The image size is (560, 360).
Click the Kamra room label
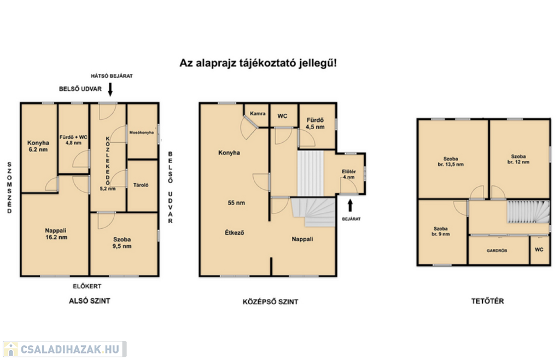pos(258,114)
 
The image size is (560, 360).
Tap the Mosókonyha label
pos(142,132)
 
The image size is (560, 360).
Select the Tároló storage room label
pos(141,185)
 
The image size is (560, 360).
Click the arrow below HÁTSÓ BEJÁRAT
pos(110,89)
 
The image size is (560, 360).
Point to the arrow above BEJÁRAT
pos(350,205)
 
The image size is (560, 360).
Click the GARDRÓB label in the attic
pos(497,251)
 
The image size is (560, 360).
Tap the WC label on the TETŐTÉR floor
pos(539,249)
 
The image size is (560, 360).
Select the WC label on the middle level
pos(282,116)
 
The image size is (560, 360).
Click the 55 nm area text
pos(236,203)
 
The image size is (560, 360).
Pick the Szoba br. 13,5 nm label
pos(451,161)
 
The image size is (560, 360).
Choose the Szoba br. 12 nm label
pos(518,159)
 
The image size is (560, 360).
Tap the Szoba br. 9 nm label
pos(441,231)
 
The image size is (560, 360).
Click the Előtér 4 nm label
pos(348,175)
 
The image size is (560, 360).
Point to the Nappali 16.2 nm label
pos(56,234)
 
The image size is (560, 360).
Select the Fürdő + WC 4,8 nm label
pos(73,140)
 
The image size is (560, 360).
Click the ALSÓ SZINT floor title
pos(90,301)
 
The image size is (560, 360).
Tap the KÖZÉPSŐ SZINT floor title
pos(270,302)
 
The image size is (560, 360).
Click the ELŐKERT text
pos(87,287)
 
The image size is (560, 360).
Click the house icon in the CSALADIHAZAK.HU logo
pos(11,349)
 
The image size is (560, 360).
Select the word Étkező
pos(235,233)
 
